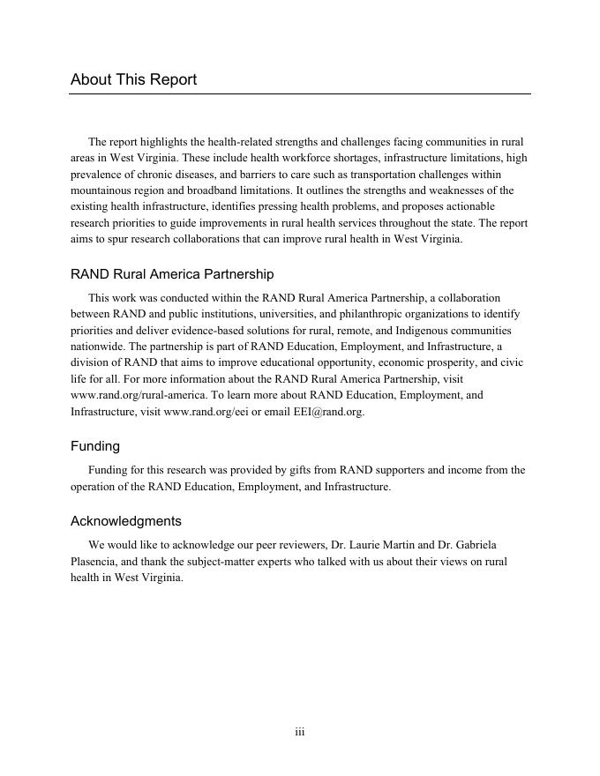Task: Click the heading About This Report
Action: [133, 79]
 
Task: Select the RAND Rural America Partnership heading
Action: [172, 274]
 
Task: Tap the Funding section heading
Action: [95, 446]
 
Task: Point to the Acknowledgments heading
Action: [126, 520]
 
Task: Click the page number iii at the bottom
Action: [300, 732]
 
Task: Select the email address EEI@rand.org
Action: [328, 412]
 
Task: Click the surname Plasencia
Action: [98, 561]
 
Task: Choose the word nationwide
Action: [98, 347]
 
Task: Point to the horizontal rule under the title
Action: [300, 93]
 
